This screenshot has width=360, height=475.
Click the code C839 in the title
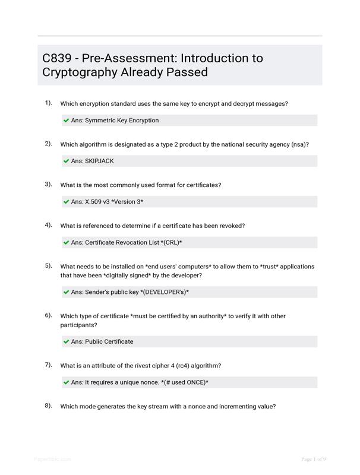[x=57, y=58]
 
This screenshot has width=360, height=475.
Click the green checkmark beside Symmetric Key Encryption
[x=67, y=121]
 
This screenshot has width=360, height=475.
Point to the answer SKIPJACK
[x=99, y=161]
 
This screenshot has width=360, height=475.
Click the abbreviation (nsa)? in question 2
[x=300, y=144]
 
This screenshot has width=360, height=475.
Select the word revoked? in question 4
[x=230, y=226]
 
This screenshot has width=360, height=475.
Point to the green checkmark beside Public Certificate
[x=67, y=342]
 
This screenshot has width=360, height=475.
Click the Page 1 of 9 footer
[x=313, y=459]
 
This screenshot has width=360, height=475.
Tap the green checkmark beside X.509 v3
[x=67, y=202]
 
